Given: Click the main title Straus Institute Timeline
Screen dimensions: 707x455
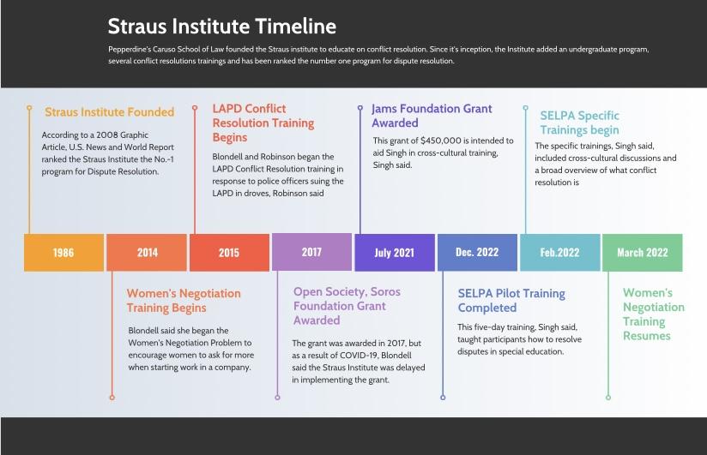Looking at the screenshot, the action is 222,26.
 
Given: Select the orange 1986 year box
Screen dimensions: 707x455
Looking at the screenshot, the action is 64,252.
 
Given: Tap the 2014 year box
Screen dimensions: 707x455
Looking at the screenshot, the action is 147,252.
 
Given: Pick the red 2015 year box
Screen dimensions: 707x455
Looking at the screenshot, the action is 229,252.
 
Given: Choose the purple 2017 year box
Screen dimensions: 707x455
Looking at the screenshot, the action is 311,252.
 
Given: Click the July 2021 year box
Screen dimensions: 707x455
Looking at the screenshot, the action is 395,252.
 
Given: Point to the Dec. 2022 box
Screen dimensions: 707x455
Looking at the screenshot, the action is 477,252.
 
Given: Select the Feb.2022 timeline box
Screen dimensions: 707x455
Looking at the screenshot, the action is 560,252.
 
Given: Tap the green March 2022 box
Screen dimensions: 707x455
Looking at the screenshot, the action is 643,252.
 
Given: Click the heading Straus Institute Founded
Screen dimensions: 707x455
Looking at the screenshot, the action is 109,111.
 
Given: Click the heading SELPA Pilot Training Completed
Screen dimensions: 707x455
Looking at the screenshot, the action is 511,301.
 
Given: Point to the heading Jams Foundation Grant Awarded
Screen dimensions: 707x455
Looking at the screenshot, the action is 432,116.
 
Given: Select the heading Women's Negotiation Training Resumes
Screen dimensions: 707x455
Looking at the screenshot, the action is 653,314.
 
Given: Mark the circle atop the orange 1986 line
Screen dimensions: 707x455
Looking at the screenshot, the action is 29,108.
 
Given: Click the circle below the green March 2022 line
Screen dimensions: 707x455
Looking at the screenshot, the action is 608,398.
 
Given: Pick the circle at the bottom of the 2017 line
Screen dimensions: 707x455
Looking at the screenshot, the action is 277,398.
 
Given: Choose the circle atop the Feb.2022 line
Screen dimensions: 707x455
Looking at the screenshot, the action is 525,108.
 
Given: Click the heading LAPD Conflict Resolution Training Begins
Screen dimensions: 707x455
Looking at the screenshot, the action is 263,123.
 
